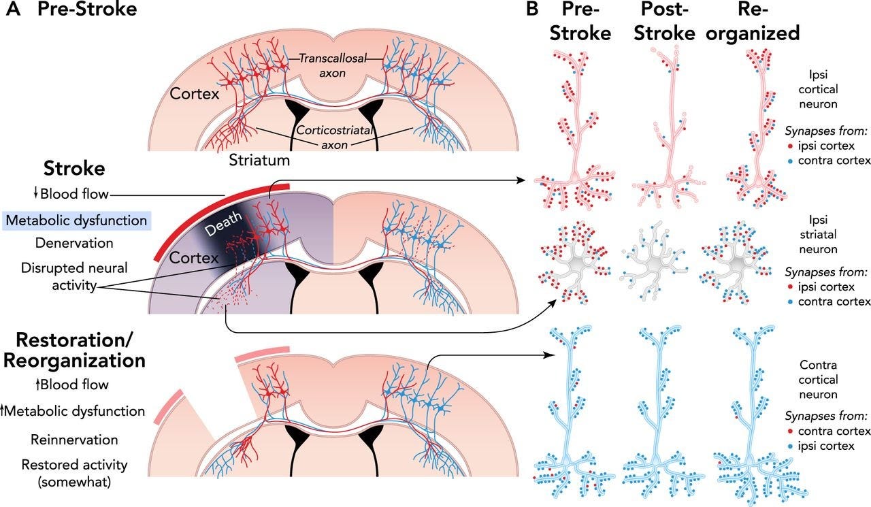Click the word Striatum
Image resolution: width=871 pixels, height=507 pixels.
(x=259, y=161)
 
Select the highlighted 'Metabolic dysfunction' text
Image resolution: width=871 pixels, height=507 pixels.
(x=76, y=220)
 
